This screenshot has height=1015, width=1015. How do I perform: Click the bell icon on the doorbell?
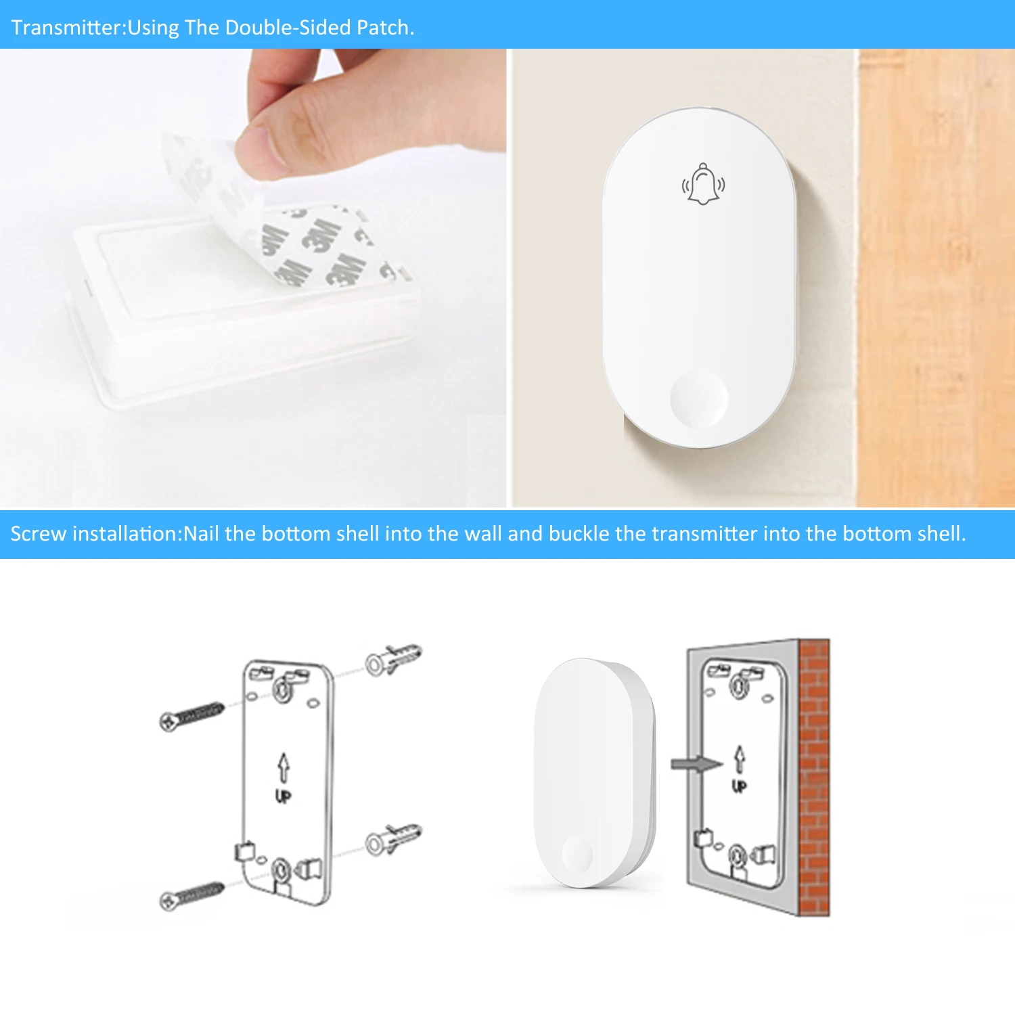pos(703,184)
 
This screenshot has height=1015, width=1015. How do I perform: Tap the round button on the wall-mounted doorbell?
pos(699,398)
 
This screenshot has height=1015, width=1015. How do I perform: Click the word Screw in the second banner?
pos(38,534)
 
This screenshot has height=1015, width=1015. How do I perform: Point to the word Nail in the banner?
pos(201,534)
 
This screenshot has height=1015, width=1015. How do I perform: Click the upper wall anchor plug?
pos(392,660)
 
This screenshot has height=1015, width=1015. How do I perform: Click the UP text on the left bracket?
pos(284,796)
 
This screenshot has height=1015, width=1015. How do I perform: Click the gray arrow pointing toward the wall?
pos(696,764)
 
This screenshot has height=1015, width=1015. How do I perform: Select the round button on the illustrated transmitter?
pos(577,854)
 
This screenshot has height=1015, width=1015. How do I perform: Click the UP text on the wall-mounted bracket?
pos(739,786)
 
